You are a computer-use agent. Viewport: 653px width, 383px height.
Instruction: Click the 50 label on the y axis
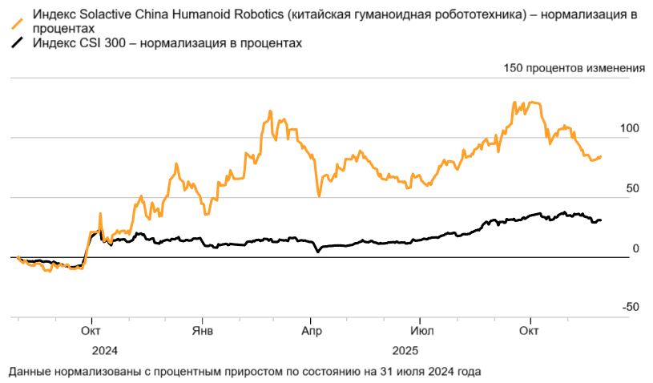tap(632, 188)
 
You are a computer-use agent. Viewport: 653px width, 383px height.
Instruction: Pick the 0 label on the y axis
tap(635, 248)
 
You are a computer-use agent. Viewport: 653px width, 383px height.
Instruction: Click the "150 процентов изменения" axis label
tap(574, 68)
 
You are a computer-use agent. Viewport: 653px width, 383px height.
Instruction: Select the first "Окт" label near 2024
tap(91, 330)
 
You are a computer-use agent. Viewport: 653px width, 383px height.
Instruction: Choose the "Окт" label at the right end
tap(529, 330)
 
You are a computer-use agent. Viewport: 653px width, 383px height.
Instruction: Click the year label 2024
tap(105, 351)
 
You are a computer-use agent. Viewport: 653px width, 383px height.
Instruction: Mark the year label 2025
tap(405, 351)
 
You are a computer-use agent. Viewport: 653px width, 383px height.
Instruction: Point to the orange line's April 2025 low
tap(319, 196)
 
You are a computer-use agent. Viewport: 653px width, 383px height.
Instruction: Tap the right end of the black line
tap(601, 220)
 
